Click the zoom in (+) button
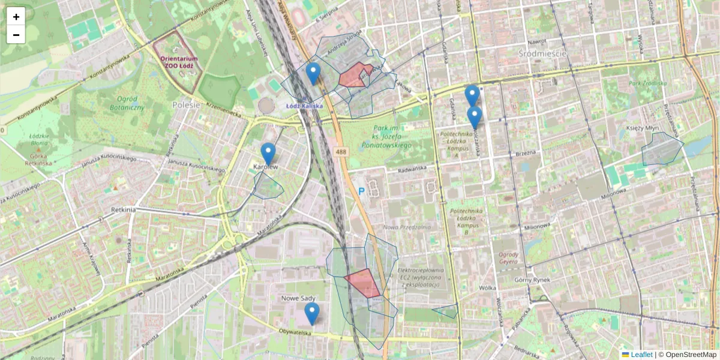[16, 17]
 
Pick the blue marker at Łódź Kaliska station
[313, 73]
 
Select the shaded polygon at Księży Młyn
[661, 149]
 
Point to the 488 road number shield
[341, 152]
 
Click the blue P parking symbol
[361, 191]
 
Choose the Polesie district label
[185, 104]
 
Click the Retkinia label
[124, 210]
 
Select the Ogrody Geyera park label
[508, 258]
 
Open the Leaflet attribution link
[641, 355]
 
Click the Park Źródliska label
[647, 83]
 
